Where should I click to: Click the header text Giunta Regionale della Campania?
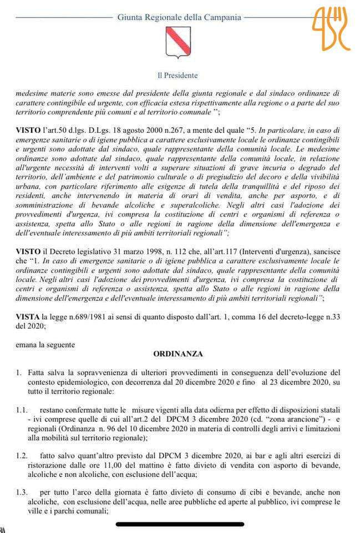pos(179,17)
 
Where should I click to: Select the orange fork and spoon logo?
pos(331,29)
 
